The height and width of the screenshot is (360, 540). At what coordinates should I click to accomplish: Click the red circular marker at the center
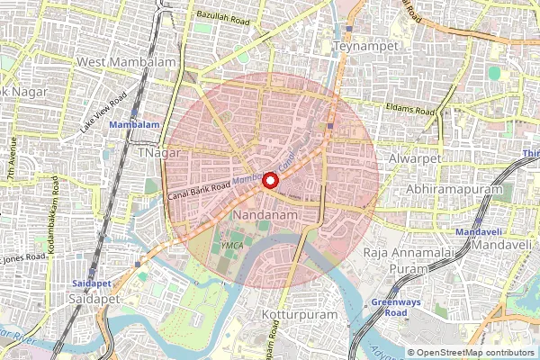270,180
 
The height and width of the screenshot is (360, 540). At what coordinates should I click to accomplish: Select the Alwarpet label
412,157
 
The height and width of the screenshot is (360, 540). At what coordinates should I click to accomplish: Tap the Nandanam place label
259,217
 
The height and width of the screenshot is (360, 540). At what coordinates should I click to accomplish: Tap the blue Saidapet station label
90,283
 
